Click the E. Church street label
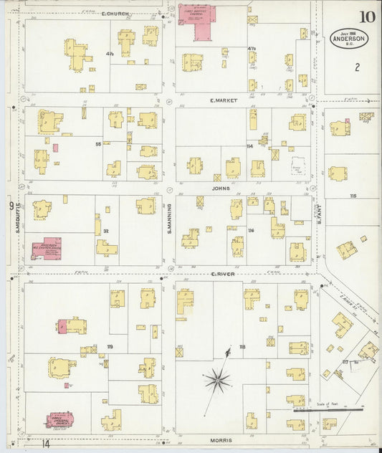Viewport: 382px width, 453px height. point(114,14)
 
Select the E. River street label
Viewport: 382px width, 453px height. point(223,274)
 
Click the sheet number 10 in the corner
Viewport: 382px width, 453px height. point(367,16)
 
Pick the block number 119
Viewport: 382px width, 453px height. point(110,347)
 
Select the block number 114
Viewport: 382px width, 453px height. point(249,146)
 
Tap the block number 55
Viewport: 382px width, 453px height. point(97,143)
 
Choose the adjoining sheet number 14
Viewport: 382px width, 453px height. point(46,444)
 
